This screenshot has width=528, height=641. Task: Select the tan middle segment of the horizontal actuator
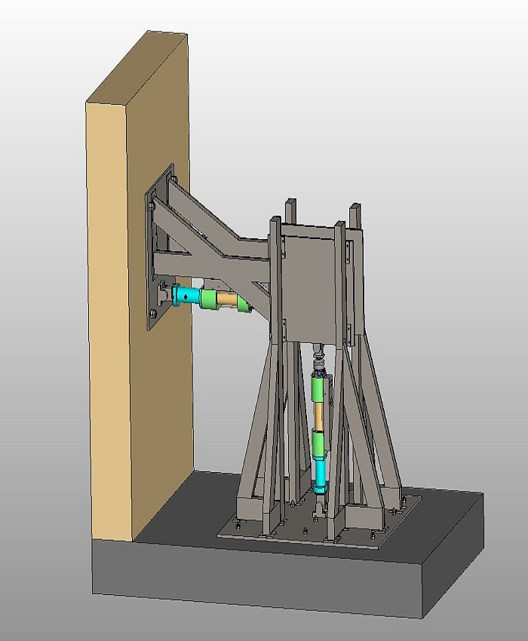click(x=224, y=301)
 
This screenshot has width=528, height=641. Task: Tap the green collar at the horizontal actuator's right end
click(x=242, y=304)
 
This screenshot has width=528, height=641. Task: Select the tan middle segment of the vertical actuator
click(x=321, y=414)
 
